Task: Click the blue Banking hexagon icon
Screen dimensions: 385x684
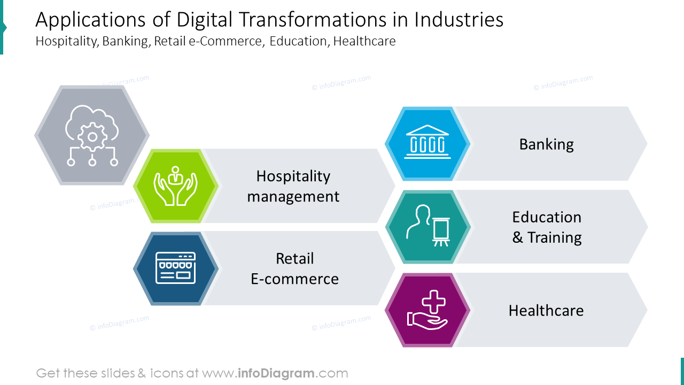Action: [x=428, y=144]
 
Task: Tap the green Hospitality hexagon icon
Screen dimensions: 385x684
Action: [x=176, y=186]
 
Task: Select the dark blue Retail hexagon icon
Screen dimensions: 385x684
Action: [x=176, y=268]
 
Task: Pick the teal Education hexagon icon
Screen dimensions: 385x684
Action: [x=428, y=227]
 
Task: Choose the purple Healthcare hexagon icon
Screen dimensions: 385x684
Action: [x=428, y=310]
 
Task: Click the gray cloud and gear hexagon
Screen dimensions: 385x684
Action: [x=92, y=135]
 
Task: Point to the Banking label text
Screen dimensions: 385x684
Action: [x=546, y=144]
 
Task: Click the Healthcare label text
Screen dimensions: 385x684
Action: [x=546, y=311]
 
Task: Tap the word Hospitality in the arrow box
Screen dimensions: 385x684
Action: [x=293, y=176]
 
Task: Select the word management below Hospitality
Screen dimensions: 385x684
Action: [x=293, y=196]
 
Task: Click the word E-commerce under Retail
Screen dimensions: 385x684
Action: [x=294, y=279]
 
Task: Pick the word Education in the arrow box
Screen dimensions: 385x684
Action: [x=546, y=217]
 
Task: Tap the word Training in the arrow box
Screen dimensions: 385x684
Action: [x=554, y=237]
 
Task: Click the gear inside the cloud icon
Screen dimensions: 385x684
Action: [x=92, y=137]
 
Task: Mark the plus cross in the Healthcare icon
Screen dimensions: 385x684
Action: [x=435, y=303]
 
